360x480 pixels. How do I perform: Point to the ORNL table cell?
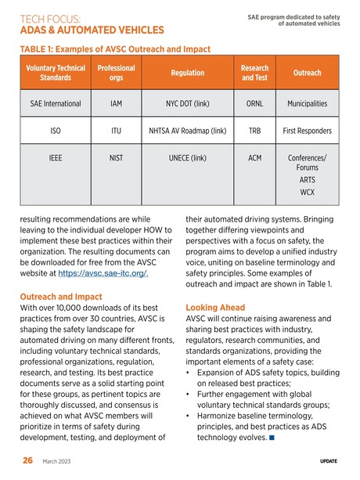[x=254, y=103]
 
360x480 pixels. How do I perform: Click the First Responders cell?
[x=307, y=132]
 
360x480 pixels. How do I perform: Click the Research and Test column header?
[x=254, y=73]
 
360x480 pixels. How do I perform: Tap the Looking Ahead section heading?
[x=218, y=308]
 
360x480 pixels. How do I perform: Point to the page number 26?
[x=27, y=461]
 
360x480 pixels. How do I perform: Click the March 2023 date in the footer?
[x=56, y=462]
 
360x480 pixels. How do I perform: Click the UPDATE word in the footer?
[x=329, y=462]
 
